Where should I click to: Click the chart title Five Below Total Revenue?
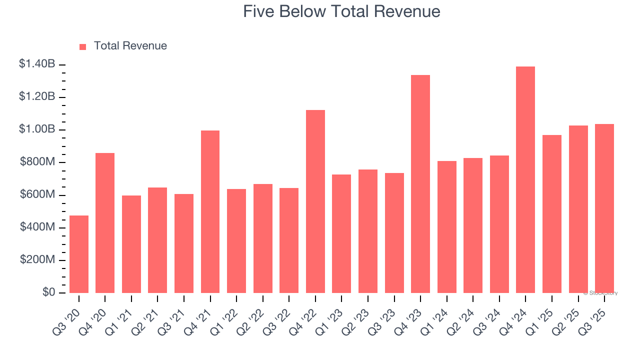(341, 11)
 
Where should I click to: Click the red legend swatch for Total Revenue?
(83, 47)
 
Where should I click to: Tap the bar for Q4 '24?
(525, 179)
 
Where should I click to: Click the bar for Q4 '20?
(105, 223)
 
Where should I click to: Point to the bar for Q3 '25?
(604, 208)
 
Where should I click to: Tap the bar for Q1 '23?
(341, 233)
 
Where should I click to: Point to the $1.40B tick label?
(37, 64)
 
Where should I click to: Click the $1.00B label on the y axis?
(37, 129)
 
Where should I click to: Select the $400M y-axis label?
(37, 227)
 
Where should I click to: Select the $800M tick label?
(37, 162)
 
